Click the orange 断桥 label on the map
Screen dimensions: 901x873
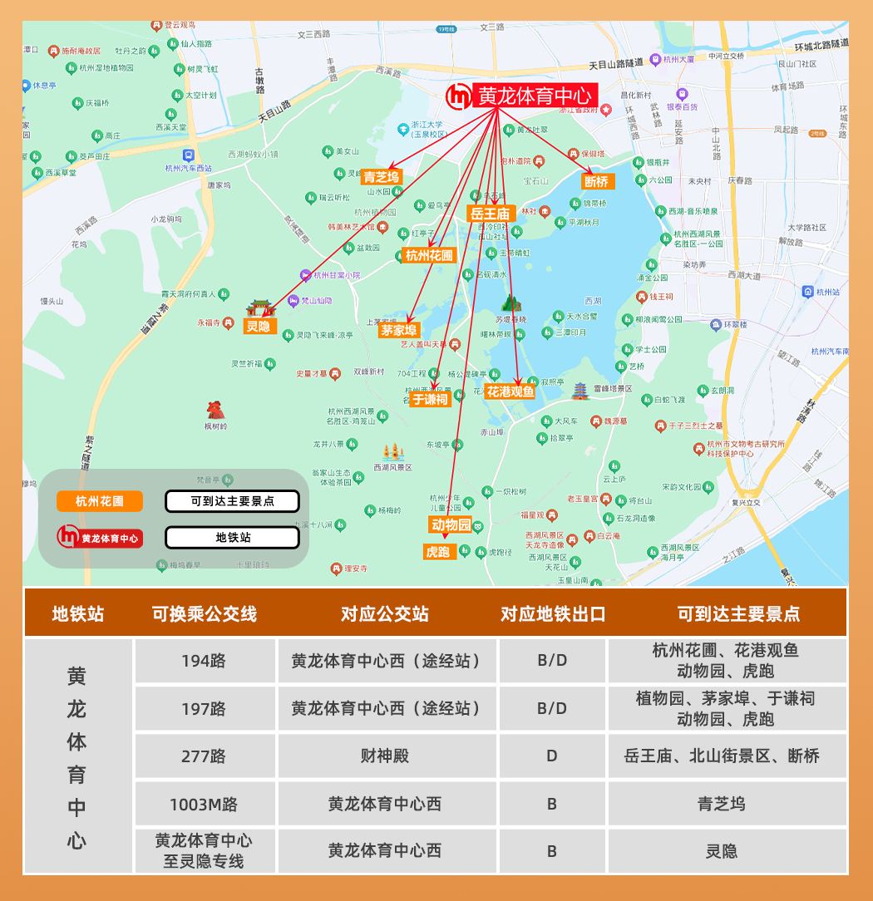click(596, 181)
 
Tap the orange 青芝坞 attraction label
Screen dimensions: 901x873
click(382, 176)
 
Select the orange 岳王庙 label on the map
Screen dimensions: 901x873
click(491, 214)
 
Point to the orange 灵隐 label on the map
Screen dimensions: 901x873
click(259, 327)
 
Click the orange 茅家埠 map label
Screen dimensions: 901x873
click(399, 330)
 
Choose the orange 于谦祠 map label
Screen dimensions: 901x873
click(430, 399)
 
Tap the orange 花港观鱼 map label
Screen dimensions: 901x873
click(510, 391)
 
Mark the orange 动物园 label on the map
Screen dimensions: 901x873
click(451, 524)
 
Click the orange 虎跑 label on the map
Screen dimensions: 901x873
click(437, 551)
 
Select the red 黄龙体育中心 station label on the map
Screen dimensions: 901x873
click(536, 96)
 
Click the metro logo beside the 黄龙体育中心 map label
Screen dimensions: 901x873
click(458, 97)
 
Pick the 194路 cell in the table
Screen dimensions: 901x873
click(204, 662)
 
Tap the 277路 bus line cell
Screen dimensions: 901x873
click(204, 756)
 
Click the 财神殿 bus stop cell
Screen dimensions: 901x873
click(385, 756)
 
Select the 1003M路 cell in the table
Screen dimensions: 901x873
click(204, 804)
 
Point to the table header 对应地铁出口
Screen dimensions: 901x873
click(553, 614)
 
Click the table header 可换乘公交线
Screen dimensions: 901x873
click(204, 614)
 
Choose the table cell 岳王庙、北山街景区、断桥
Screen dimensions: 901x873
click(722, 756)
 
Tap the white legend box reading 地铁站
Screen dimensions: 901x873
click(232, 538)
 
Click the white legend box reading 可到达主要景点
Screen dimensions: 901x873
click(232, 501)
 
